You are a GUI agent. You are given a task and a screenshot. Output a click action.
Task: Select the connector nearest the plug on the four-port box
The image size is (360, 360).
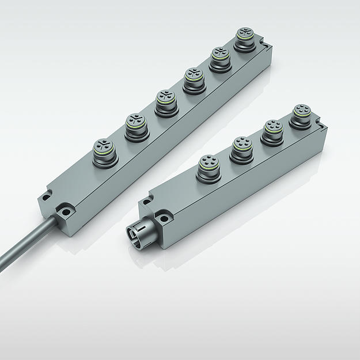click(x=208, y=166)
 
